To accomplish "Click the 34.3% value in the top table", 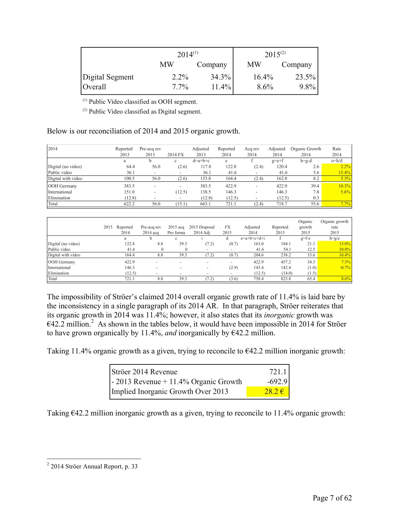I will click(220, 77).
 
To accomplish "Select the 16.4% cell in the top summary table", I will click(263, 77).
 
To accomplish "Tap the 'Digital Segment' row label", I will click(108, 77).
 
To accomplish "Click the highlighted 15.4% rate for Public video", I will click(345, 173).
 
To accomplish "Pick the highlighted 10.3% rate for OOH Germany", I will click(345, 186).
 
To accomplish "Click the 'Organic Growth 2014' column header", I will click(305, 152).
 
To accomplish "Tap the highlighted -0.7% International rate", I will click(345, 268).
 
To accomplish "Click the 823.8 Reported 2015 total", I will click(285, 279).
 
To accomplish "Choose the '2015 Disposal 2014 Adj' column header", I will click(202, 230).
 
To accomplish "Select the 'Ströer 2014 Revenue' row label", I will click(144, 372).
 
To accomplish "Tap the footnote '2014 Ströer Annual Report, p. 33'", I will click(94, 467).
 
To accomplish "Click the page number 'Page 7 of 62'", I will click(332, 498).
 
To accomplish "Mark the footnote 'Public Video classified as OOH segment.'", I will click(143, 102).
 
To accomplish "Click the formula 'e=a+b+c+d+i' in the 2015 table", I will click(253, 238).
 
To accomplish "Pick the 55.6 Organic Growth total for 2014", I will click(315, 204).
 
